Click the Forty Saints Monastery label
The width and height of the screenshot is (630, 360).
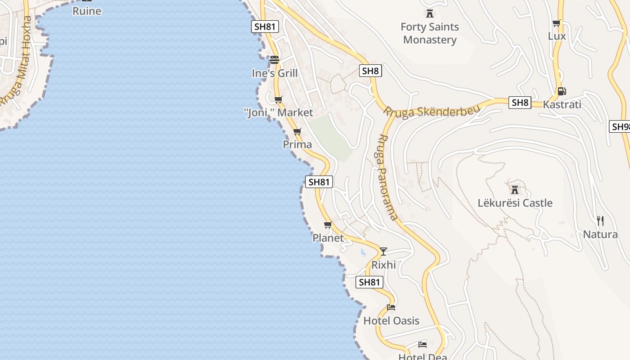point(430,33)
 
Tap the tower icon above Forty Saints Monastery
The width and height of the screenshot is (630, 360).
point(430,13)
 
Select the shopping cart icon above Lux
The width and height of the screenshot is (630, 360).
point(557,23)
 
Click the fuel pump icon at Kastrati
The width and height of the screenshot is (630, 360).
point(562,91)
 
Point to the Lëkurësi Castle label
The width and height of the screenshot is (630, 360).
point(515,203)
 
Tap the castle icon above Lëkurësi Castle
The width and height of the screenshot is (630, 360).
point(515,189)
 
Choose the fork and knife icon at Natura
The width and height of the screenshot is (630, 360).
point(600,221)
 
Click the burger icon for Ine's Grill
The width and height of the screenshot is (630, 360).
point(274,60)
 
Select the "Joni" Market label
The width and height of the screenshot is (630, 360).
point(279,112)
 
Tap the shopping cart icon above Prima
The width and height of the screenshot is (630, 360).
point(297,131)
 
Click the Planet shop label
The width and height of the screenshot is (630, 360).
point(328,238)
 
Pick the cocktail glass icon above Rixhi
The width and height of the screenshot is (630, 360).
point(383,252)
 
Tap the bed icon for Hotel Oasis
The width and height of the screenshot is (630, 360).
point(391,308)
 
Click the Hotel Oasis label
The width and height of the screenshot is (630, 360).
point(391,321)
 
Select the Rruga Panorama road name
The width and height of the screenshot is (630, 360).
point(386,178)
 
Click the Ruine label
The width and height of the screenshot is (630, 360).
point(87,11)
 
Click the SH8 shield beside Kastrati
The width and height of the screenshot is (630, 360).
point(520,103)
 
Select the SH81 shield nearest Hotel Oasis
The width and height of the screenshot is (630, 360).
point(369,282)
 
